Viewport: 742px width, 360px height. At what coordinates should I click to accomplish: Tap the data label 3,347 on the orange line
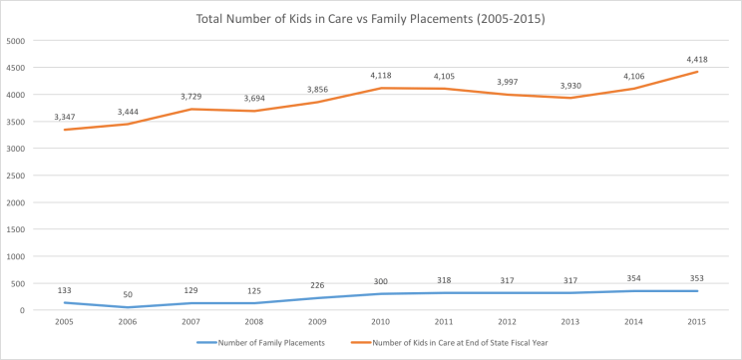pos(65,116)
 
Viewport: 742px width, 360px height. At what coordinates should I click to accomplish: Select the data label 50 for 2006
pos(128,293)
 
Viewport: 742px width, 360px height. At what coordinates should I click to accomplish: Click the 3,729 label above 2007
pos(190,95)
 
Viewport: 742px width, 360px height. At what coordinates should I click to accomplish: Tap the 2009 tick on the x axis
pos(317,322)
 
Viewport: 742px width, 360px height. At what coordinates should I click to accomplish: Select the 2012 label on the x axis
pos(507,322)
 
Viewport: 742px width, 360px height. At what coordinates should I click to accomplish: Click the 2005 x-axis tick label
pos(65,322)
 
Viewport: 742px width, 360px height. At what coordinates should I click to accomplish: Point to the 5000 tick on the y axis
pos(17,41)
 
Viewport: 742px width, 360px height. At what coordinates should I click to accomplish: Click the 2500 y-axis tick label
pos(17,176)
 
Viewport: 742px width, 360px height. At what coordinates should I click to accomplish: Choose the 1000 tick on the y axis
pos(17,256)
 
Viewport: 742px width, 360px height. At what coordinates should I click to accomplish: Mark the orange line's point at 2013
pos(569,98)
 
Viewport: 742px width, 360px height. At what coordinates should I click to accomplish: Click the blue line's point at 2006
pos(128,307)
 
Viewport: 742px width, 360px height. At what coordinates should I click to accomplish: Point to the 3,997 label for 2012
pos(507,81)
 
